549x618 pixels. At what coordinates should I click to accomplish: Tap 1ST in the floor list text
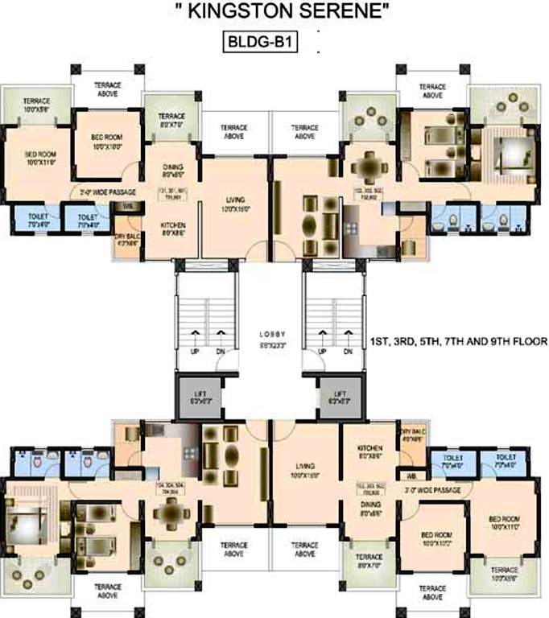378,342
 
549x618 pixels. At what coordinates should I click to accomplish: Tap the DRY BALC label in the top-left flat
127,240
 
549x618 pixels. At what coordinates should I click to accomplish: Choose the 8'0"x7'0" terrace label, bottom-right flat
369,561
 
